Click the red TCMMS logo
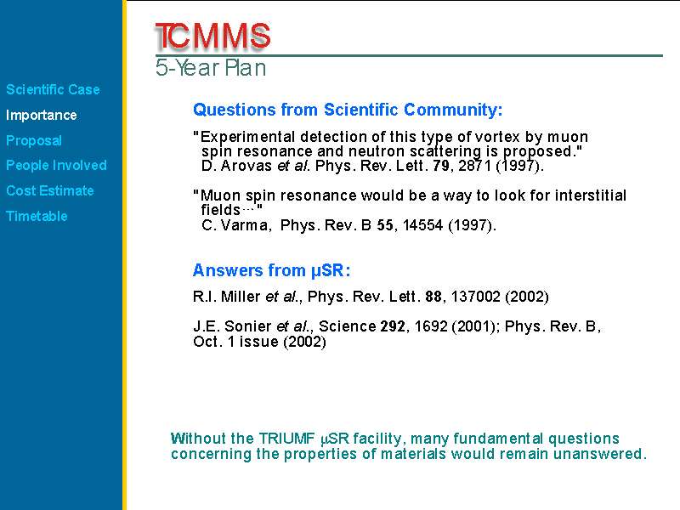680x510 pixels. (212, 36)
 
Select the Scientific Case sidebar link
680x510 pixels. (53, 89)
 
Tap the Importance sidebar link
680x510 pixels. (41, 115)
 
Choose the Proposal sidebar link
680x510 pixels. (34, 140)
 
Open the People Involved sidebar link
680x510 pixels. (56, 165)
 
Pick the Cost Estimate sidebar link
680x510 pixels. (50, 190)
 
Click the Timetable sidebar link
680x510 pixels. (37, 216)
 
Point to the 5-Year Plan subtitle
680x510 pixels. (211, 68)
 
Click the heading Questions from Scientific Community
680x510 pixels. (348, 110)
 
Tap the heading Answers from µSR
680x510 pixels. (271, 270)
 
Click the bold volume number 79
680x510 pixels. (441, 166)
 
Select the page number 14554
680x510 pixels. (422, 225)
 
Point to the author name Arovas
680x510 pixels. (246, 166)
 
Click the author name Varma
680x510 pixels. (244, 225)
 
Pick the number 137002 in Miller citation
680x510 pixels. (476, 297)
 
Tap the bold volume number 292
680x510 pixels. (393, 326)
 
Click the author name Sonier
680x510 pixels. (248, 326)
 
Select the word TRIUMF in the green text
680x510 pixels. (287, 439)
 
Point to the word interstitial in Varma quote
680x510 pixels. (591, 195)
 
